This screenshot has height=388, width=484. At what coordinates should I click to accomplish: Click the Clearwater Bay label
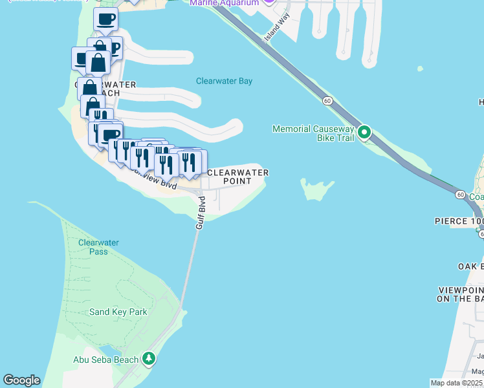pos(224,81)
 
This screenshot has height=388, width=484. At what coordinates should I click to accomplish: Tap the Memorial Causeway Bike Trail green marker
pos(364,133)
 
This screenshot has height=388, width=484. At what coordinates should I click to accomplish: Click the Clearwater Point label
pos(237,177)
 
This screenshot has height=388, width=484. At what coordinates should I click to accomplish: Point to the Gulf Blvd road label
pos(200,213)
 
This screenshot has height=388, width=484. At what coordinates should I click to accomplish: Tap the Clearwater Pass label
pos(98,247)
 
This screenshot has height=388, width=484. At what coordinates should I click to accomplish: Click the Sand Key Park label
pos(118,312)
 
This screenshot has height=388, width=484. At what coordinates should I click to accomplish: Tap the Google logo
pos(21,380)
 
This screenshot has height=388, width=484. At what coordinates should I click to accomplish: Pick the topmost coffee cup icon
pos(105,19)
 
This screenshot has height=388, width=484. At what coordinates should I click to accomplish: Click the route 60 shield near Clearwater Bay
pos(328,101)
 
